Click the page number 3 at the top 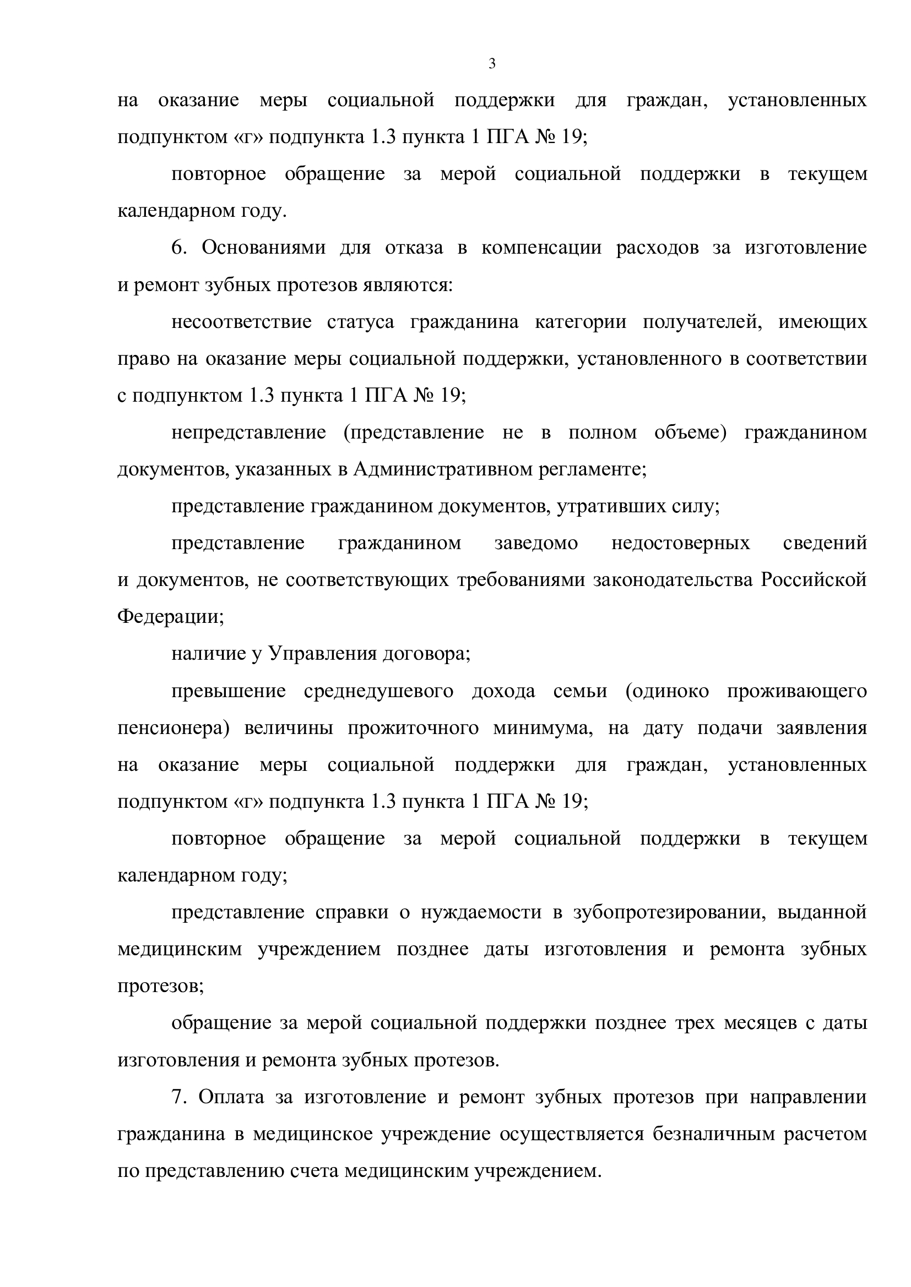pyautogui.click(x=492, y=64)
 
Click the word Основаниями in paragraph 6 pyautogui.click(x=263, y=248)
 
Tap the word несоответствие pyautogui.click(x=241, y=322)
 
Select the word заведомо pyautogui.click(x=536, y=543)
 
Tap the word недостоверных pyautogui.click(x=680, y=543)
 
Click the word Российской pyautogui.click(x=814, y=580)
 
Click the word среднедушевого pyautogui.click(x=378, y=691)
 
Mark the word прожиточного pyautogui.click(x=413, y=728)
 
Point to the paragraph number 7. pyautogui.click(x=178, y=1097)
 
